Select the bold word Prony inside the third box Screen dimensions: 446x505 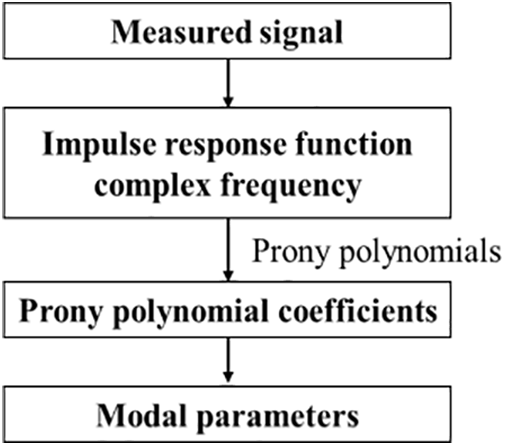tap(60, 312)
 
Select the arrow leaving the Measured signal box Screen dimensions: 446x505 tap(229, 84)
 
